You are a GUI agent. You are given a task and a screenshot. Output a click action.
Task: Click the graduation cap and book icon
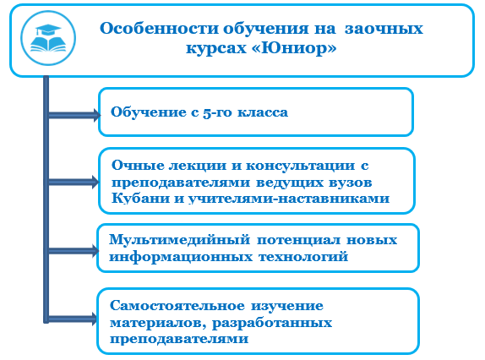coord(48,38)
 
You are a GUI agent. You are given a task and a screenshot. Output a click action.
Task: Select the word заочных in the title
coord(384,29)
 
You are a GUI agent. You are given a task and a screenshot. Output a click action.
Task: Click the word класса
coord(263,112)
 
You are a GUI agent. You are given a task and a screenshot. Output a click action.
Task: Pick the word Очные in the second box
coord(138,166)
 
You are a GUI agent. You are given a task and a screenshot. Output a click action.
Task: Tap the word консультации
coord(300,166)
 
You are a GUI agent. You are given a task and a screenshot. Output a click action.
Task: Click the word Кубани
coord(141,199)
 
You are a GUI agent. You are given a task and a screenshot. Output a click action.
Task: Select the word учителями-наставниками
coord(289,199)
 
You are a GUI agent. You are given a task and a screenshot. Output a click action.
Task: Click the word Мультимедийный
coord(180,240)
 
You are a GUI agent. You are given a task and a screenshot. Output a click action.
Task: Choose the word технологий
coord(303,257)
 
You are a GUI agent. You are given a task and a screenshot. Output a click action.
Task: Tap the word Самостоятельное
coord(177,306)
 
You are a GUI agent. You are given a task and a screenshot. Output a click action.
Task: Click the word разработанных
coord(272,323)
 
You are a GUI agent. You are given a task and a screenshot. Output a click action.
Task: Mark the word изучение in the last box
coord(287,306)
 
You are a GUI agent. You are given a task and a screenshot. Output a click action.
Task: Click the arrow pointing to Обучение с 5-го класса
coord(74,115)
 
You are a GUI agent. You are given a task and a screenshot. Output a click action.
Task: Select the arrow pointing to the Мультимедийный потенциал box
coord(74,250)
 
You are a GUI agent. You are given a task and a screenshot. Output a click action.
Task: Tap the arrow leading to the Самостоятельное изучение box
coord(73,319)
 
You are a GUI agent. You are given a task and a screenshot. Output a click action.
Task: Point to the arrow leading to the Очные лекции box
coord(74,182)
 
